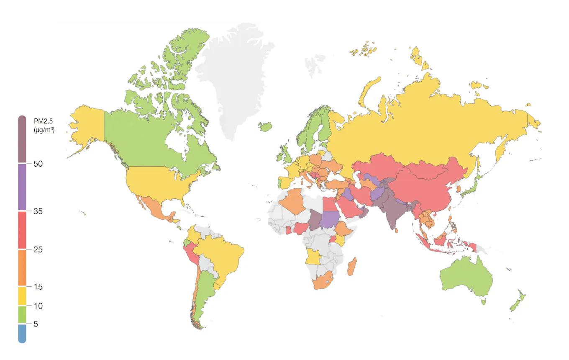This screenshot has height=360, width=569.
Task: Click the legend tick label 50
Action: point(38,164)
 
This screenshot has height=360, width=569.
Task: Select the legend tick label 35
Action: point(38,211)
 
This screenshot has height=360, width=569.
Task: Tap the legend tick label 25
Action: point(38,250)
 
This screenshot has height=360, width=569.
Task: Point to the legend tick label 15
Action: point(38,287)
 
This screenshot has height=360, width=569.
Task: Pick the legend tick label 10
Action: point(38,306)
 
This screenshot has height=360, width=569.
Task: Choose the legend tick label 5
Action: point(36,324)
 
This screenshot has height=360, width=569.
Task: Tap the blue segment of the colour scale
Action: point(22,333)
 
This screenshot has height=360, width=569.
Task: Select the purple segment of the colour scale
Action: point(22,187)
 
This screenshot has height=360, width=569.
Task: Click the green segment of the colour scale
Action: point(22,314)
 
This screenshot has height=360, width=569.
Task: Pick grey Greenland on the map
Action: point(234,75)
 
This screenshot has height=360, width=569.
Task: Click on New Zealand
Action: point(517,301)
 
